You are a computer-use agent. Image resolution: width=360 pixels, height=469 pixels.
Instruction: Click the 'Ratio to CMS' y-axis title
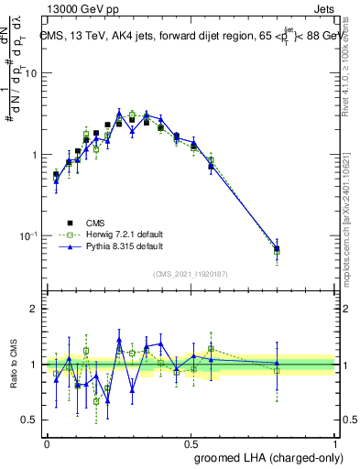point(15,365)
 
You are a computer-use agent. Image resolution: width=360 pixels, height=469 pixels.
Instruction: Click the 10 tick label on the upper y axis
point(30,73)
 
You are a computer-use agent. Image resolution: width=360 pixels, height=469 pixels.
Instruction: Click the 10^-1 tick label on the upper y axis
point(27,235)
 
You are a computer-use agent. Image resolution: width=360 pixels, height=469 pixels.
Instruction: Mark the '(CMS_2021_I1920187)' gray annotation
point(190,272)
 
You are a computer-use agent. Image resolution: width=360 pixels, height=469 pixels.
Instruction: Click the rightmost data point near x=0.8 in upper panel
point(277,249)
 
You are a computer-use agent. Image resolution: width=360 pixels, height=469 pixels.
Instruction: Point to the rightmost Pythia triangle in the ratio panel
point(277,364)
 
